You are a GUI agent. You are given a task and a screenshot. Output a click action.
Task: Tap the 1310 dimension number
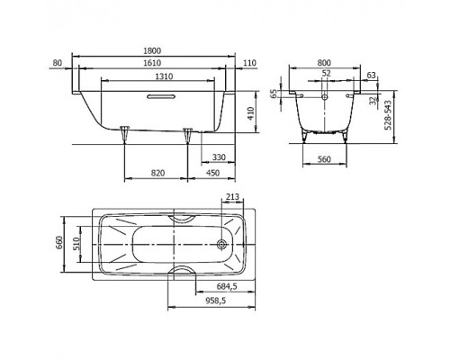pos(162,77)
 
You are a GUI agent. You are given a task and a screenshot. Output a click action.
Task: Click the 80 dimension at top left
pos(58,65)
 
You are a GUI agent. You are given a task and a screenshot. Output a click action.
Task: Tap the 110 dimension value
pos(249,65)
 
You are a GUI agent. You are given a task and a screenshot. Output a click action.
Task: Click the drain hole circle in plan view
pos(221,243)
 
